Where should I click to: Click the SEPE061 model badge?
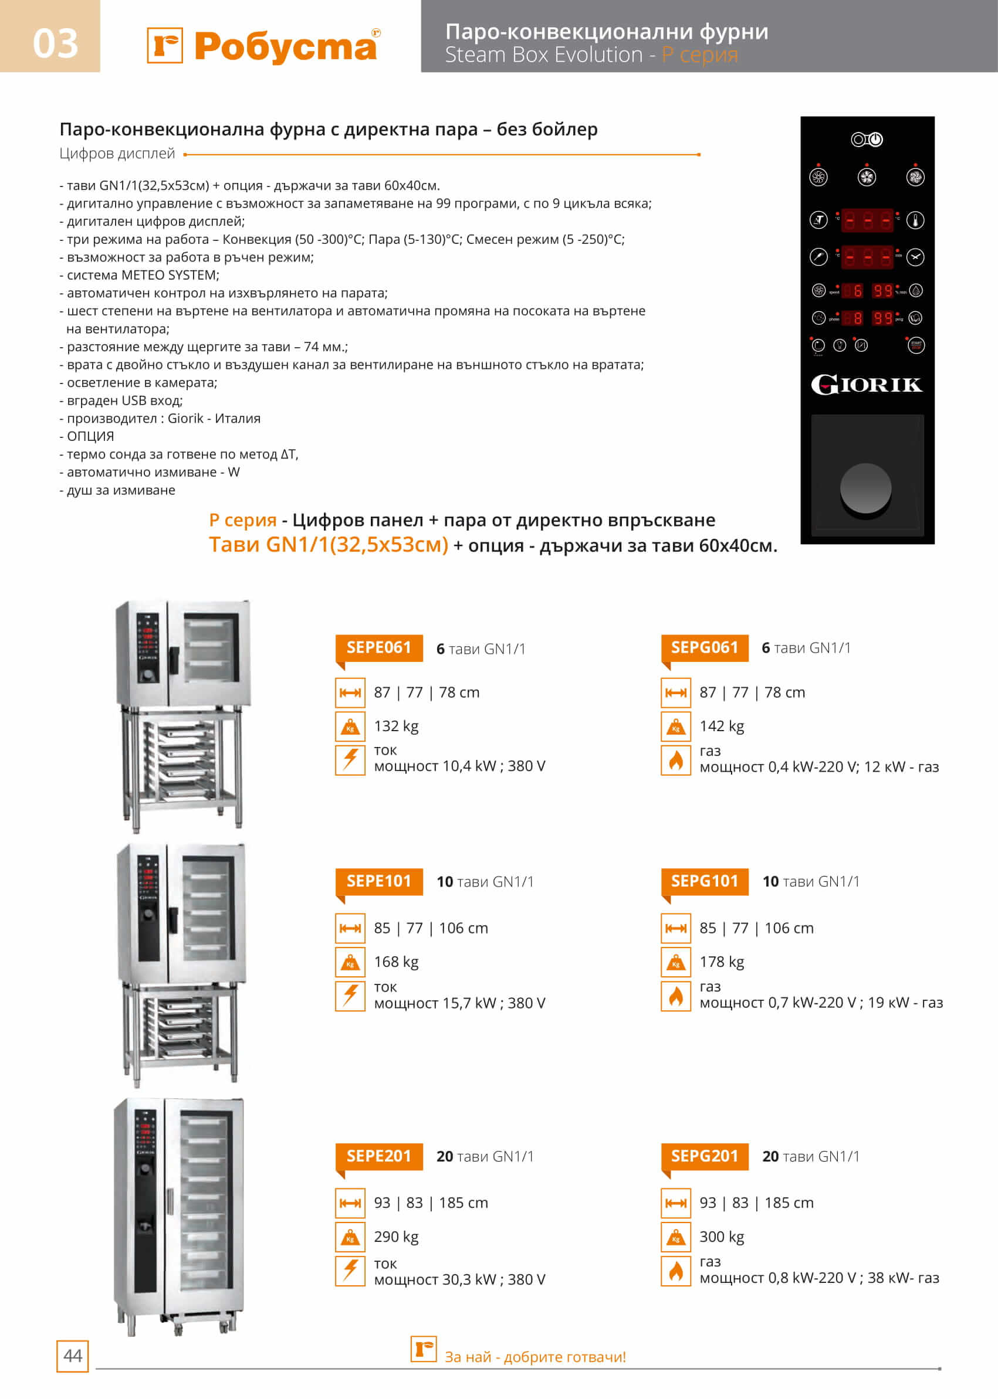click(378, 647)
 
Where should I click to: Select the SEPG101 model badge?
click(704, 881)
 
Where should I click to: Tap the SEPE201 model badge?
click(378, 1156)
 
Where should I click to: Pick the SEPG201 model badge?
click(704, 1156)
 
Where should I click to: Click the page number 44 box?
click(73, 1356)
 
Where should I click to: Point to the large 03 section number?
click(55, 43)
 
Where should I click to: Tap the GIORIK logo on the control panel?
click(867, 385)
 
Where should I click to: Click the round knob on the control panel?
click(865, 488)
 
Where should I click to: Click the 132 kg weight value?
click(396, 726)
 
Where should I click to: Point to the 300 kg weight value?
click(722, 1236)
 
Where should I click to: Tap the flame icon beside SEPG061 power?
click(676, 760)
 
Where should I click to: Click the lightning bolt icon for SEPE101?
click(350, 996)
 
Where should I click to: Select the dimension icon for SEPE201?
click(350, 1203)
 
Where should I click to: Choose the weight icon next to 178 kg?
click(676, 962)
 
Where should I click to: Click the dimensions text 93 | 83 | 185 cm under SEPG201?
click(756, 1203)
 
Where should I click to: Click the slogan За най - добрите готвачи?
click(534, 1357)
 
